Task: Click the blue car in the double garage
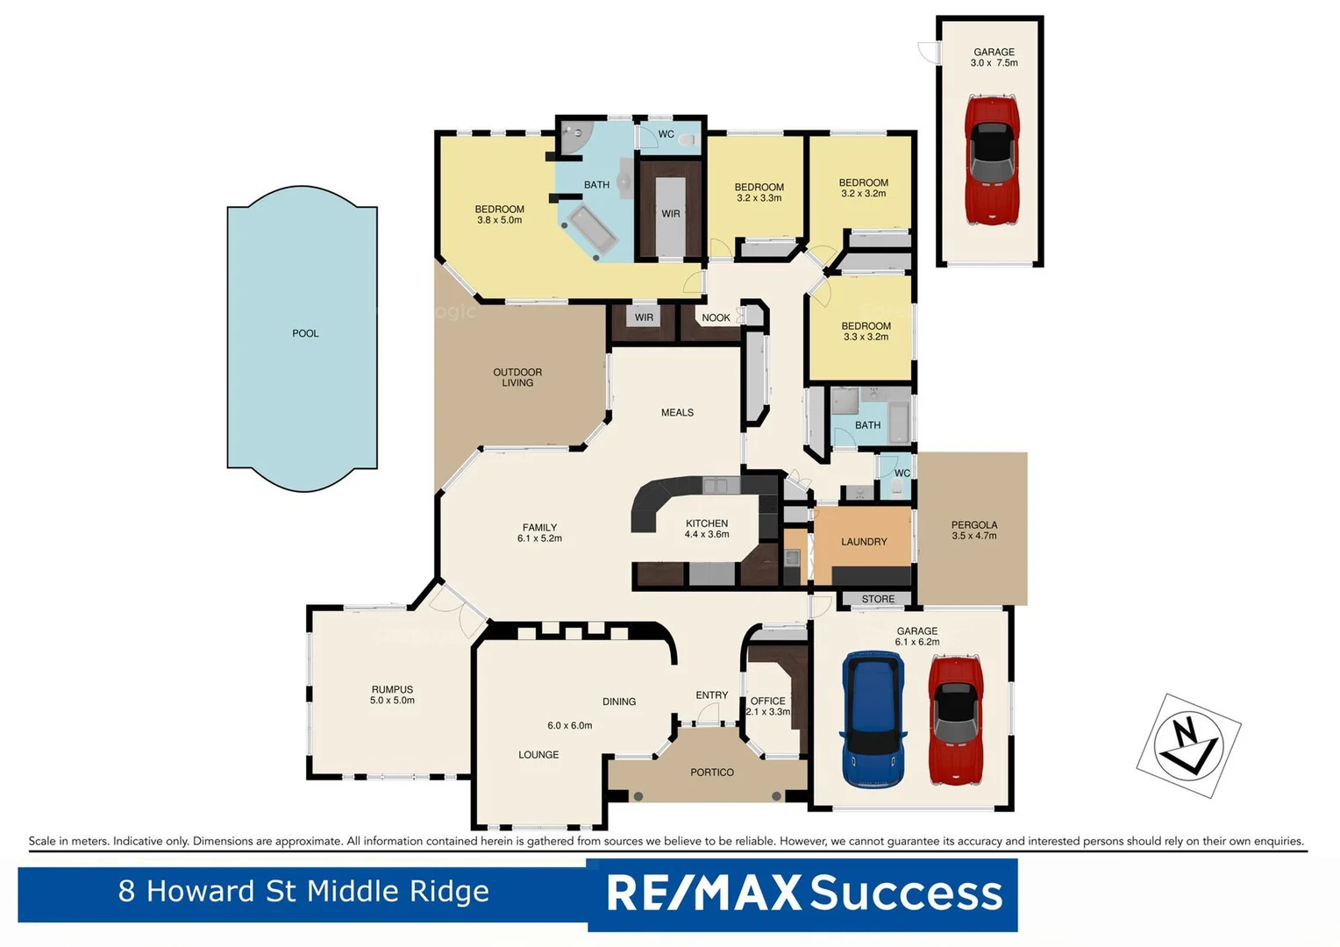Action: pos(873,719)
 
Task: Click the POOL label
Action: pos(305,333)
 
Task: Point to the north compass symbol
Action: pos(1188,745)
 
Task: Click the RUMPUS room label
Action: pos(392,694)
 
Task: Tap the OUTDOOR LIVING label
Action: pos(517,377)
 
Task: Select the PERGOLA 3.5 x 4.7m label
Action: pos(974,530)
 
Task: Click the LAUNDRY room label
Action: pos(864,542)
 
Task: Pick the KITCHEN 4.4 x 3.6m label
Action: pos(707,529)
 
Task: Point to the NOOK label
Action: pos(716,318)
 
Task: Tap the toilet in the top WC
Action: pos(687,139)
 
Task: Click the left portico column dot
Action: pos(638,796)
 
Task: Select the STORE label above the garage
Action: pos(878,600)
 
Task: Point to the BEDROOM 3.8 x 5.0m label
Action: pos(500,215)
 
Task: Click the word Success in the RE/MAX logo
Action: pos(906,894)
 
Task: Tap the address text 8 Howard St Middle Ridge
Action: pos(303,892)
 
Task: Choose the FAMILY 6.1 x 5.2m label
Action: pos(539,533)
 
